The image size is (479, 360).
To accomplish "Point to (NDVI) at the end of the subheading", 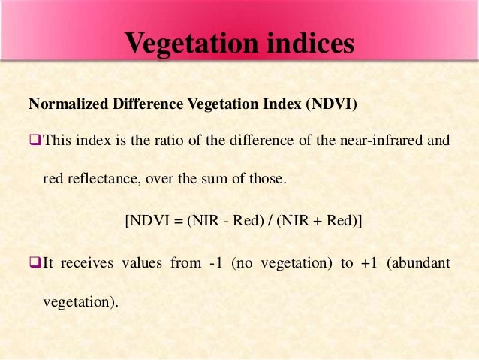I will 332,104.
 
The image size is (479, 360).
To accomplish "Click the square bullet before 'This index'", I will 35,141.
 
